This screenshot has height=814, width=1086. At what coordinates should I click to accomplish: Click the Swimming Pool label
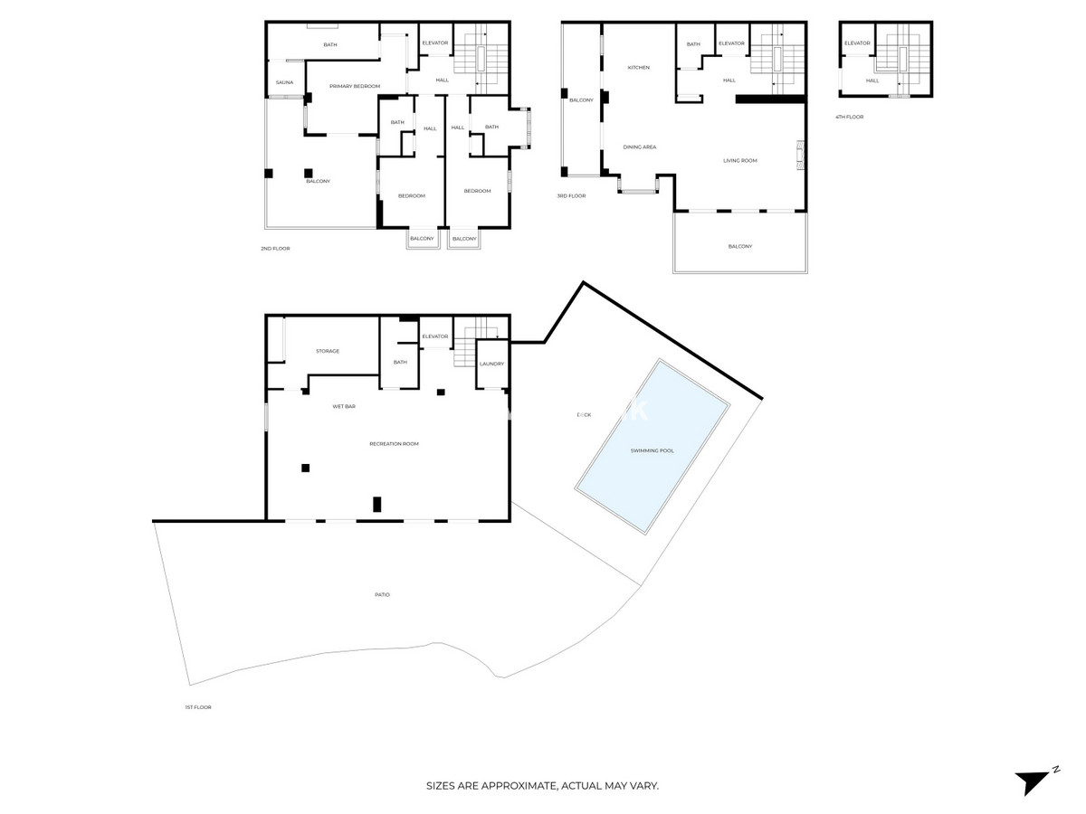coord(652,450)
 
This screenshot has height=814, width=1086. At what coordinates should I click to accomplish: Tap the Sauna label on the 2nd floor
coord(284,82)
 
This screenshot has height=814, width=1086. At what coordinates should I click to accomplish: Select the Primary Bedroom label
coord(354,86)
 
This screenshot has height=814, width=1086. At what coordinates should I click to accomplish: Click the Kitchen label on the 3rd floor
coord(639,68)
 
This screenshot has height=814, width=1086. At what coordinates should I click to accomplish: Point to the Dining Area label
coord(639,147)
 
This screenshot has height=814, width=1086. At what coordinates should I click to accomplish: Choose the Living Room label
coord(739,161)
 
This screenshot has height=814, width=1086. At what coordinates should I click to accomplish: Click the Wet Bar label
coord(343,407)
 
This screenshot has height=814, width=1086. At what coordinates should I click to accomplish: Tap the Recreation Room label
coord(394,444)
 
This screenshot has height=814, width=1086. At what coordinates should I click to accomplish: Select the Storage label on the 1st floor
coord(327,351)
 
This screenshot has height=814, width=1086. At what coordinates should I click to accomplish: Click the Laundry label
coord(491,364)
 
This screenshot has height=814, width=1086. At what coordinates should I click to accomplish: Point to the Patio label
coord(382,594)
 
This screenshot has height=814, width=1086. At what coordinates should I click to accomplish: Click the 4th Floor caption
coord(849,117)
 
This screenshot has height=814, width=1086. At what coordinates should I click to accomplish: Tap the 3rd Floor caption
coord(571,195)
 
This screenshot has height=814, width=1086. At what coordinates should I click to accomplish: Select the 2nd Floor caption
coord(275,248)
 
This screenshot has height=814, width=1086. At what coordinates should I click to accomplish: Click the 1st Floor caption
coord(197,707)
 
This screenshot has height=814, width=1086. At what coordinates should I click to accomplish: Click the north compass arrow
coord(1032,781)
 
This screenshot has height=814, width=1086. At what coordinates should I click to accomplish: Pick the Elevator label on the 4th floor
coord(857,43)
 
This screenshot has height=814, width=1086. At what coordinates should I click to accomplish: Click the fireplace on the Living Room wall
coord(798,156)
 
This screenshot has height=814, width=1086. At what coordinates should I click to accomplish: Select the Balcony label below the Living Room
coord(739,246)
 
